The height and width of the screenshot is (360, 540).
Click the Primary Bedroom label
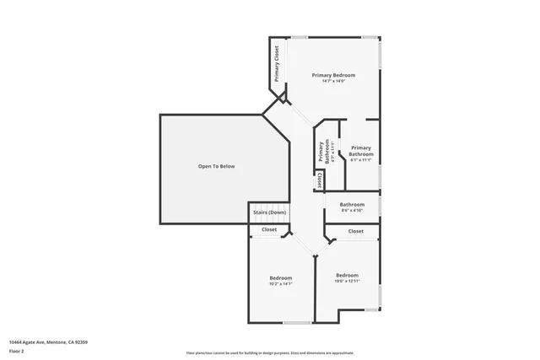[x=333, y=75]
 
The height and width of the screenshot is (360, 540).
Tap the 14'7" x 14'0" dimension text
[x=333, y=81]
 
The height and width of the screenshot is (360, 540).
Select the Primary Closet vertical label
[x=276, y=62]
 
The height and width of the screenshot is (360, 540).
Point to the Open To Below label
[x=216, y=166]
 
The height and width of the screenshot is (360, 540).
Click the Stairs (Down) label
[x=269, y=212]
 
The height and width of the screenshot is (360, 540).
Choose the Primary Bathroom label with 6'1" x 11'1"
[x=361, y=151]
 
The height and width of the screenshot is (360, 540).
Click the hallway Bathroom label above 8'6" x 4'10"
[x=352, y=205]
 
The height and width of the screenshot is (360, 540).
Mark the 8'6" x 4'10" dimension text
[x=352, y=211]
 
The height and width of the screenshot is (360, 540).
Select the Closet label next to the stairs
[x=269, y=229]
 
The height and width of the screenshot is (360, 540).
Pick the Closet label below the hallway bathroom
[x=356, y=231]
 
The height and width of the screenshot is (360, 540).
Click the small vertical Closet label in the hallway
[x=320, y=180]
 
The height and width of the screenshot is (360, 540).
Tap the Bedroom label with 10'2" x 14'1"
[x=281, y=278]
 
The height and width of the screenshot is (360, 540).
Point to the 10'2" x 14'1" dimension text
[x=281, y=284]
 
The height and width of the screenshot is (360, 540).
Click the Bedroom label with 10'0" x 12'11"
[x=347, y=275]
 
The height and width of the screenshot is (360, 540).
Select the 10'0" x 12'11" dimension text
[x=347, y=281]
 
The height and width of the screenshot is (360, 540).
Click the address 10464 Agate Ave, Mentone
[x=48, y=342]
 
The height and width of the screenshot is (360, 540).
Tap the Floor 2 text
[x=17, y=351]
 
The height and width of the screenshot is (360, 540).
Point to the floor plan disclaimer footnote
[x=269, y=352]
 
